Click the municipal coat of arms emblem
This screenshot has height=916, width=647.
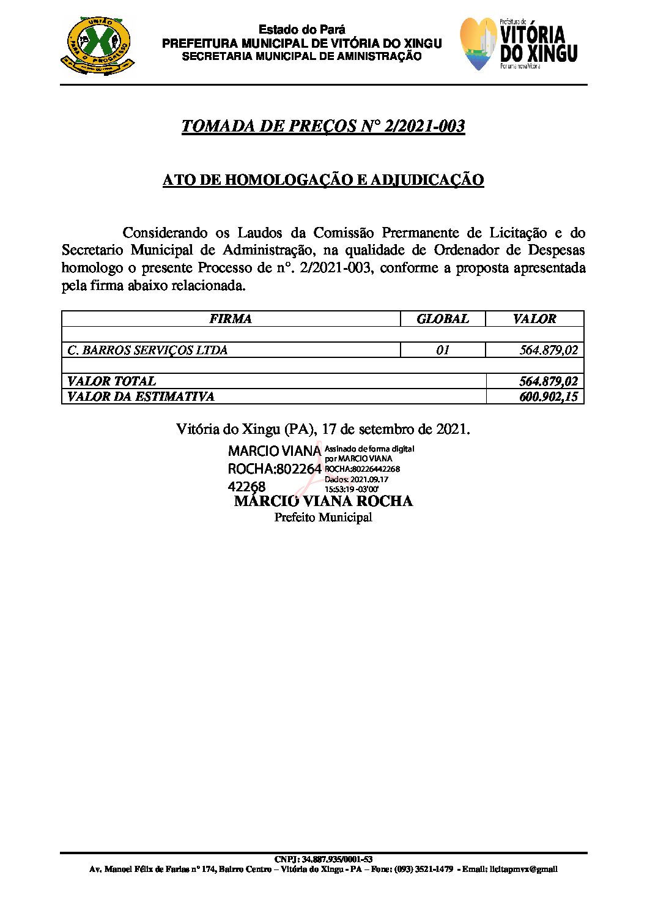click(97, 46)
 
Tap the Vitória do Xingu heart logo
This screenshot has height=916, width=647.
click(478, 44)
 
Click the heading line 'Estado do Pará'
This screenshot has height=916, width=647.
click(301, 29)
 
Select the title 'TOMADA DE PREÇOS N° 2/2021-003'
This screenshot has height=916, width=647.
click(323, 126)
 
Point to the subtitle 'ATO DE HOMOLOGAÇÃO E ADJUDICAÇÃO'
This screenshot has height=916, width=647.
click(323, 180)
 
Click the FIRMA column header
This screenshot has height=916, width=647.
click(231, 319)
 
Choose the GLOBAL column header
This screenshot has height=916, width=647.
click(442, 319)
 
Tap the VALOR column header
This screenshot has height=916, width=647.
click(534, 319)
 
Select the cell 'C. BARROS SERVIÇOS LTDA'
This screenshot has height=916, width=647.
click(147, 350)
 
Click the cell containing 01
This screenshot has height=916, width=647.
click(443, 350)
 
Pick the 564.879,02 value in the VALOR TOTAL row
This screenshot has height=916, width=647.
click(548, 381)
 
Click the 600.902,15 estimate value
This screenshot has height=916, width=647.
click(548, 397)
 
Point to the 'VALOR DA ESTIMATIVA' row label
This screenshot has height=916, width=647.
click(141, 397)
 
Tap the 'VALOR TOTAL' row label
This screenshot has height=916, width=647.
click(111, 381)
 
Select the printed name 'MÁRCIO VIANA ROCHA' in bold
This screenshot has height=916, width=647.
click(323, 501)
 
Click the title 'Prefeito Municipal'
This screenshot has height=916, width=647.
click(323, 518)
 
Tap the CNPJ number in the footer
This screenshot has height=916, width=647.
click(323, 859)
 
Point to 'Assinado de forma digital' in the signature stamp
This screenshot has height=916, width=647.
click(369, 449)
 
